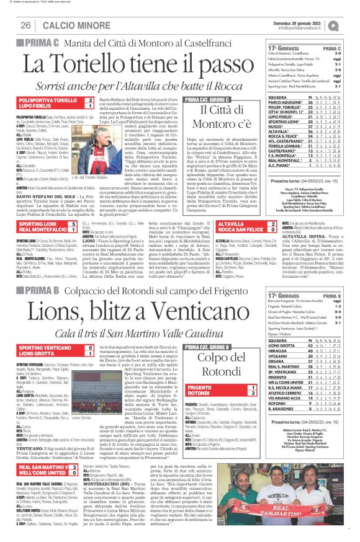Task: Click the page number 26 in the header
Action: click(25, 25)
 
